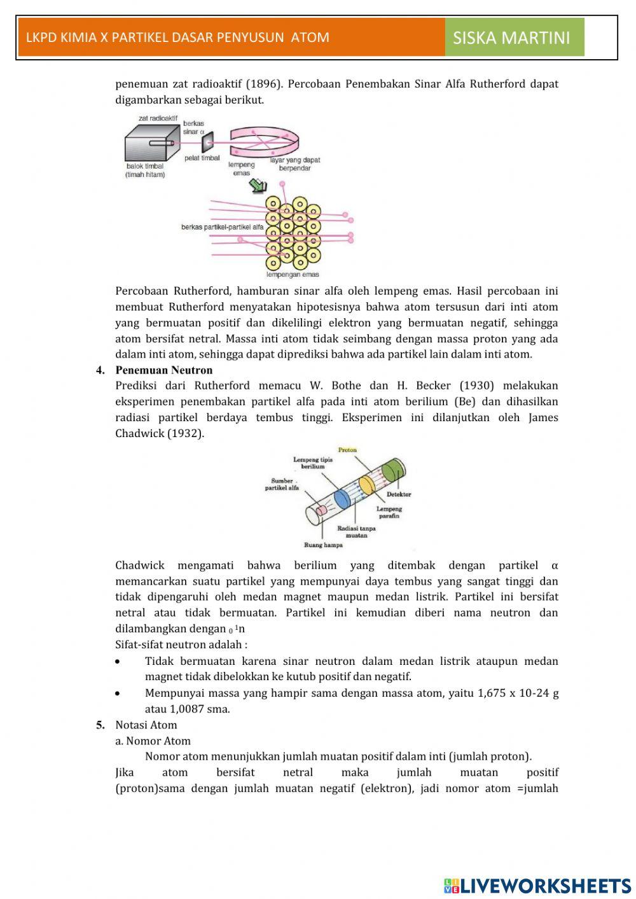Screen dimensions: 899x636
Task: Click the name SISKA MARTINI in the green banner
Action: pyautogui.click(x=511, y=38)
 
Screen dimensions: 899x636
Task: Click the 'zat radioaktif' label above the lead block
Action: pyautogui.click(x=158, y=118)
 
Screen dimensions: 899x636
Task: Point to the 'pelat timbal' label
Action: pyautogui.click(x=202, y=158)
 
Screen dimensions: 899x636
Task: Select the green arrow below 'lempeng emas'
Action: pyautogui.click(x=258, y=185)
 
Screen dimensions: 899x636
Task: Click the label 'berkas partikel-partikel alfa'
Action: pyautogui.click(x=222, y=226)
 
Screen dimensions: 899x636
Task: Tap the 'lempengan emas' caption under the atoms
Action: pyautogui.click(x=292, y=275)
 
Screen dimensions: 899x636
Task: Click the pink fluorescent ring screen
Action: pyautogui.click(x=264, y=141)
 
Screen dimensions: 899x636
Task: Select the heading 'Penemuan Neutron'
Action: pyautogui.click(x=164, y=370)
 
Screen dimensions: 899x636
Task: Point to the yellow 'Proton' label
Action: pyautogui.click(x=347, y=450)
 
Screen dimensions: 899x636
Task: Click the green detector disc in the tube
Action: pyautogui.click(x=393, y=471)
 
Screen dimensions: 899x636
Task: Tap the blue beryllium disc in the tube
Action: pyautogui.click(x=342, y=498)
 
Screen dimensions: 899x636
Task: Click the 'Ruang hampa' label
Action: pyautogui.click(x=323, y=545)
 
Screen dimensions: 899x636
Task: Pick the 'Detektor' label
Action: pyautogui.click(x=399, y=494)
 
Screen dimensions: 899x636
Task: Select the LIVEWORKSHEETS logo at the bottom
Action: pyautogui.click(x=537, y=885)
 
